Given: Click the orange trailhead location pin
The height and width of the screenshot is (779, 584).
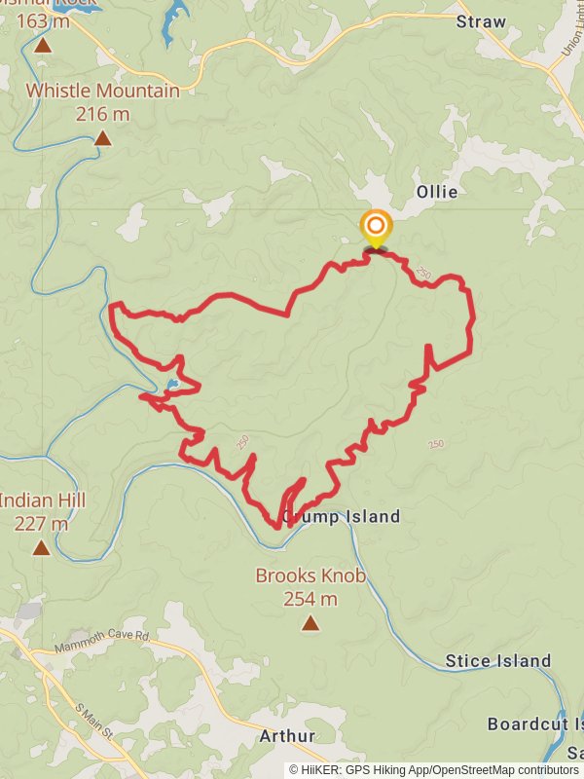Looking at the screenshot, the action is pos(375,227).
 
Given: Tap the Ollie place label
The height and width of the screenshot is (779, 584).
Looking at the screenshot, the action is pos(436,192).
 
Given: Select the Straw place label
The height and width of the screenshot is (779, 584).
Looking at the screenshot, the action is pos(481,21).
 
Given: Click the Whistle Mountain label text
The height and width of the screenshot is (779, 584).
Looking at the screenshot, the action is pos(102,91).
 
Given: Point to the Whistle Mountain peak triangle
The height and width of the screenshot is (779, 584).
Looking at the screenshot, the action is pos(102,138).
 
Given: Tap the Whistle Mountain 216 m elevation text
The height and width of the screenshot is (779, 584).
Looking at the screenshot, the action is pos(102,113).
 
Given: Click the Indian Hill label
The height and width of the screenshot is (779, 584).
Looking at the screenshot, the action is pos(42,501).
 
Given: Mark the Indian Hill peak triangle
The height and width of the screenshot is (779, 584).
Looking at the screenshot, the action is pos(41,547).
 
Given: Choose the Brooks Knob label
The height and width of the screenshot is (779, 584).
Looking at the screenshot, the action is pos(310,575).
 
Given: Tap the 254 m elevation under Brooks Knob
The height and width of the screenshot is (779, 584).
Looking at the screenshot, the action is pos(310,599).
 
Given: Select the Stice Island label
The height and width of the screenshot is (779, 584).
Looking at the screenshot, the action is pos(497,661).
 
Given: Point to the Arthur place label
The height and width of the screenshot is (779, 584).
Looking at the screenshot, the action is pos(287,736).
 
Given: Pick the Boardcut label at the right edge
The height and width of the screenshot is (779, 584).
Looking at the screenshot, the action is pos(534,724).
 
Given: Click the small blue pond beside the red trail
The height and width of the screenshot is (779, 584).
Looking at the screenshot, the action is pos(171,386).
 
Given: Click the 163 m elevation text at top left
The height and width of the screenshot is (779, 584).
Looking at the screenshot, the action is pos(43,19).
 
